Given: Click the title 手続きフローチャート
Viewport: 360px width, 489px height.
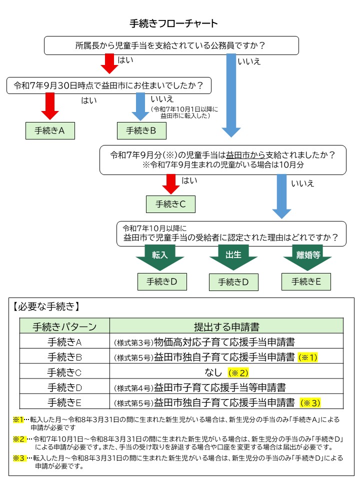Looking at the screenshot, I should (x=173, y=23).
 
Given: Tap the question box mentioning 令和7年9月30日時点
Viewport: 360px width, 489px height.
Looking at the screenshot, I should (x=108, y=85).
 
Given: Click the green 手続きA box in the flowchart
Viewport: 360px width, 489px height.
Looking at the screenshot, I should (x=50, y=130).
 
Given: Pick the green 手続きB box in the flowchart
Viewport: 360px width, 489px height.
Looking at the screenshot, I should (x=141, y=130).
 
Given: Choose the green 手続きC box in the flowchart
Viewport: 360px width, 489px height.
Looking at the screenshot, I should (x=170, y=204).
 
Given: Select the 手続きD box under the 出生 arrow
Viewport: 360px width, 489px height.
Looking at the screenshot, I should (x=233, y=281).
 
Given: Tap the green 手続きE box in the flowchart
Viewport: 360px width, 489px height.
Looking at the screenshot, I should (x=306, y=281).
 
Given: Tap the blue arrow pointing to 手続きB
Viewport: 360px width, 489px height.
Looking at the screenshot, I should (x=141, y=106).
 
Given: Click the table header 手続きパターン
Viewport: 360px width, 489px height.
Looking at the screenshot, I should (x=64, y=327).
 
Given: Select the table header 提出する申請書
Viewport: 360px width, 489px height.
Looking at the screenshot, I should (x=226, y=327).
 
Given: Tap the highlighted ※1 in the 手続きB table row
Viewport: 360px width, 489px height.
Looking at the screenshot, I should (x=308, y=357).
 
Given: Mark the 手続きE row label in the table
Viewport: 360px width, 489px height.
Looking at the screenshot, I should (x=64, y=402).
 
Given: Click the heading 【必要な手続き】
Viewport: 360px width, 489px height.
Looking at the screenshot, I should (x=46, y=306).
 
